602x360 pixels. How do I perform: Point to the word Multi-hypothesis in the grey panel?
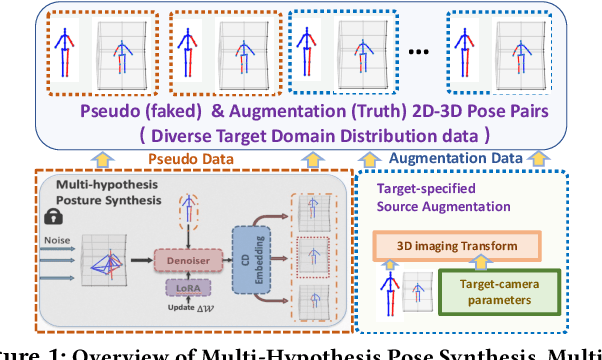pos(89,186)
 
